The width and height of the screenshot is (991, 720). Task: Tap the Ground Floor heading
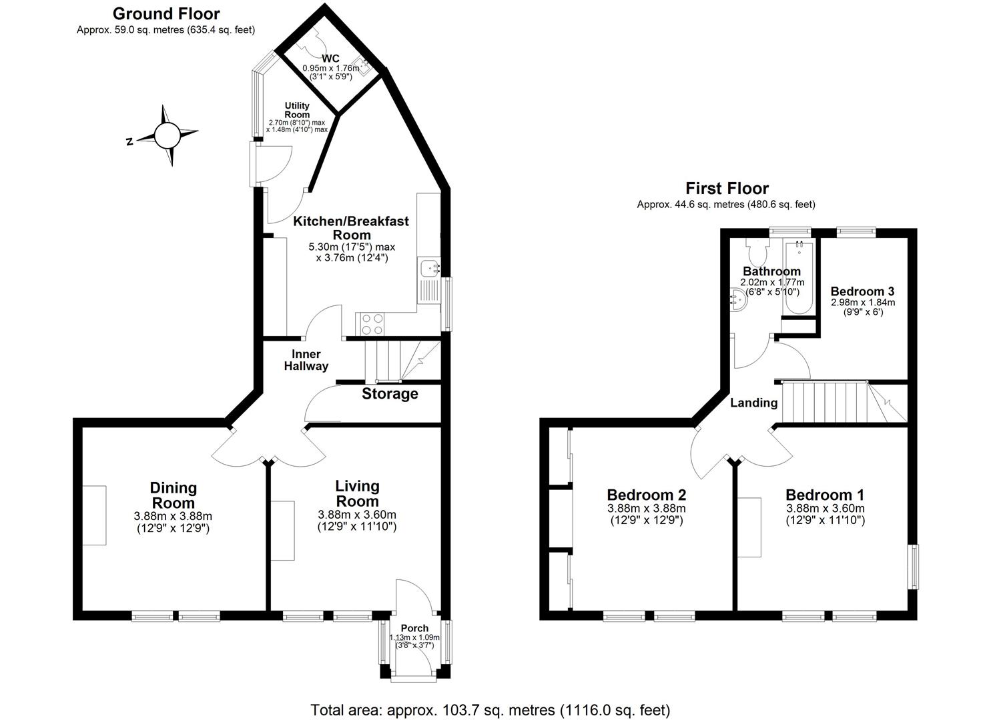(x=166, y=13)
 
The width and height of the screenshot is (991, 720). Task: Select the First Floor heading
(x=727, y=189)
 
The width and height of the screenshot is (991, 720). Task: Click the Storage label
(x=390, y=394)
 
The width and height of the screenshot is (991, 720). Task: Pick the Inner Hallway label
(x=306, y=360)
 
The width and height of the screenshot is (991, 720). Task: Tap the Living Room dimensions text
(x=357, y=521)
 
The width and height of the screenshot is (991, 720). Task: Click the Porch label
(x=414, y=628)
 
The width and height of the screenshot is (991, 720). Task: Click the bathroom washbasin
(x=739, y=299)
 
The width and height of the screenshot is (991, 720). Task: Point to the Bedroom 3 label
(x=862, y=291)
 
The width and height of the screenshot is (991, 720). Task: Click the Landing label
(x=753, y=403)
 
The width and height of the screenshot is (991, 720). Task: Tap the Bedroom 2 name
(x=646, y=495)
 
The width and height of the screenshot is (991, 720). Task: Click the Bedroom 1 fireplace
(x=749, y=527)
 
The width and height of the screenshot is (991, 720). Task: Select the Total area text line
(x=490, y=709)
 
